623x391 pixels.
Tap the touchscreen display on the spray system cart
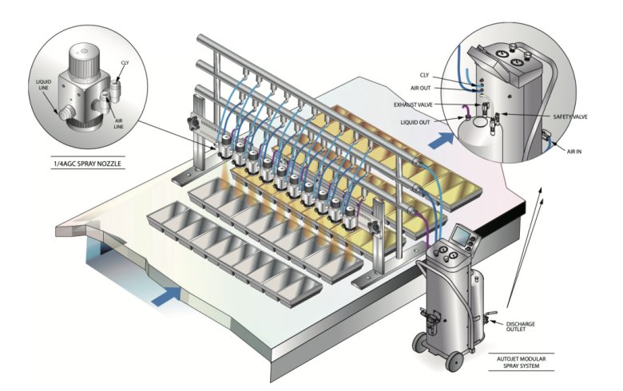pos(462,236)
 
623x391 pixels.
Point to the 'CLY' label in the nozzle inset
pos(125,62)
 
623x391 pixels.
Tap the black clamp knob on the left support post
pos(192,124)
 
